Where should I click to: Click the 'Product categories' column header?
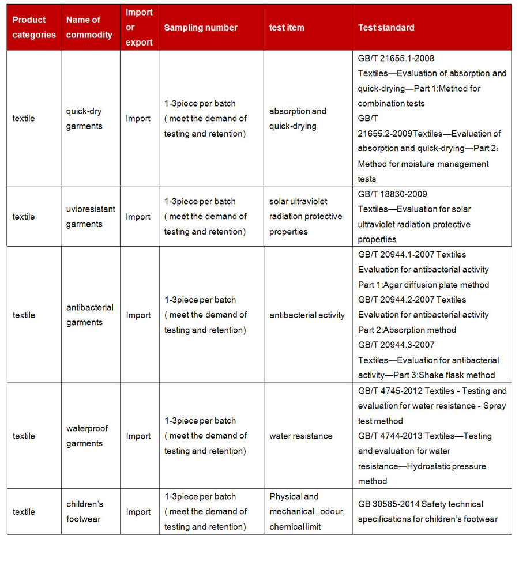tap(34, 28)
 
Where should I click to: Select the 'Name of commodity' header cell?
tap(89, 28)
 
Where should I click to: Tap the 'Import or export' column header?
tap(139, 28)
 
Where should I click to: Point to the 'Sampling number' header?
tap(201, 28)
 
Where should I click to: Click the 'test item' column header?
tap(287, 28)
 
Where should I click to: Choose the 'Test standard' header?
tap(386, 28)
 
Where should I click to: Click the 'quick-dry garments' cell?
tap(84, 119)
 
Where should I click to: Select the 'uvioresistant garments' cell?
tap(91, 217)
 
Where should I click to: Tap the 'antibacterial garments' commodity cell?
tap(90, 315)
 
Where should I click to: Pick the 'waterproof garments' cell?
tap(87, 436)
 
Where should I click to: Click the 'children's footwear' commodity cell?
tap(85, 511)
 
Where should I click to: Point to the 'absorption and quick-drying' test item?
tap(298, 119)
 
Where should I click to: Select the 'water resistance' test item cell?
tap(301, 436)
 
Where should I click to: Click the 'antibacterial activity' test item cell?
tap(307, 315)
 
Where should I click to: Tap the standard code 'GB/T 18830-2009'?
tap(392, 194)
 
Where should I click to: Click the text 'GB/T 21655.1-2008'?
tap(396, 58)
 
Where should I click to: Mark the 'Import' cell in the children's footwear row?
tap(138, 512)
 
